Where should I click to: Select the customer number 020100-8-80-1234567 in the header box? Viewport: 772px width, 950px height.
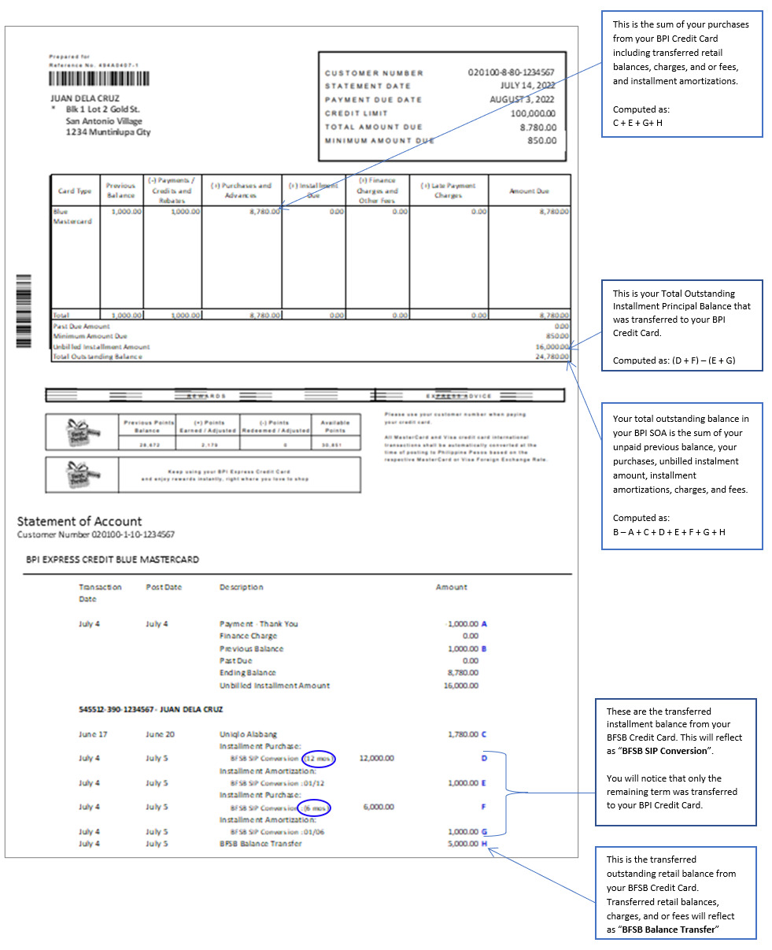tap(511, 72)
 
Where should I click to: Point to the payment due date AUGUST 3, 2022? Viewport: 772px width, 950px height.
tap(523, 99)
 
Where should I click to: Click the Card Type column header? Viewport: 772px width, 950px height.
tap(75, 190)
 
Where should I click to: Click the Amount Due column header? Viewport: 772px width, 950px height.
tap(529, 190)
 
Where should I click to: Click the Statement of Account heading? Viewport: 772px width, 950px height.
tap(79, 521)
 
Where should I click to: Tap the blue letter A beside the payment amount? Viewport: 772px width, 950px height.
tap(484, 624)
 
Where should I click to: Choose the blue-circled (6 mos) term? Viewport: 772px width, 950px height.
tap(315, 807)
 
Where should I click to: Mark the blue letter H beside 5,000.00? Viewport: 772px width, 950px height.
tap(485, 844)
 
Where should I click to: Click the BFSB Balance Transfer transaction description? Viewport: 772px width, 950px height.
tap(260, 844)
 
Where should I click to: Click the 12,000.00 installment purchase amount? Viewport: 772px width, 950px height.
tap(376, 758)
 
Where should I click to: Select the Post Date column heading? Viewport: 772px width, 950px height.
tap(163, 587)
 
